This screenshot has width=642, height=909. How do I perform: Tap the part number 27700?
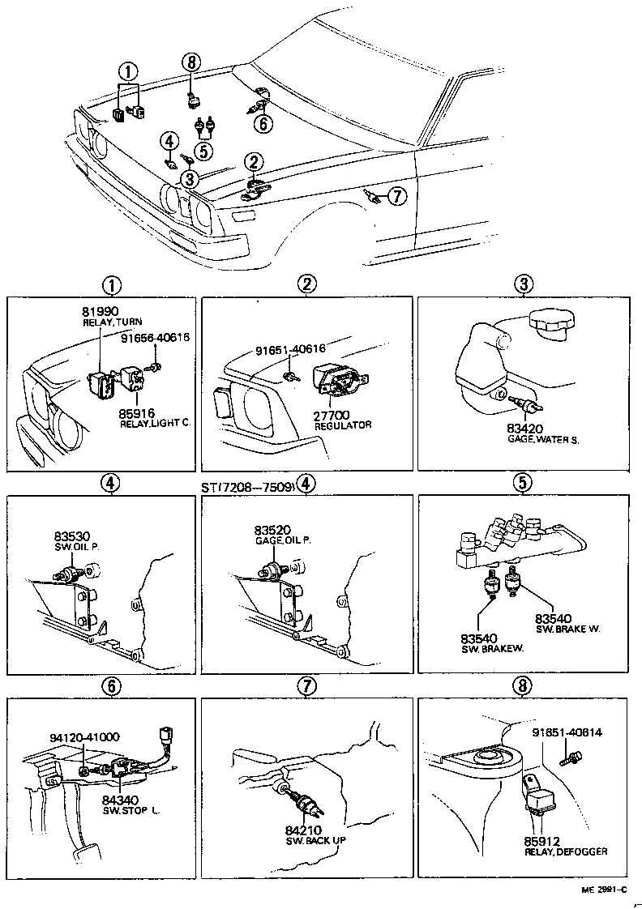[332, 415]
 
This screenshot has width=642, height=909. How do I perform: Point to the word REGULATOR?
[343, 425]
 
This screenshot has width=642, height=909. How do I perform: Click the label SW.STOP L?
[131, 809]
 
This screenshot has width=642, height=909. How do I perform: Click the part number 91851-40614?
[567, 732]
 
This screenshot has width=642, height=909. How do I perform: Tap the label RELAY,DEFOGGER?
[565, 851]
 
